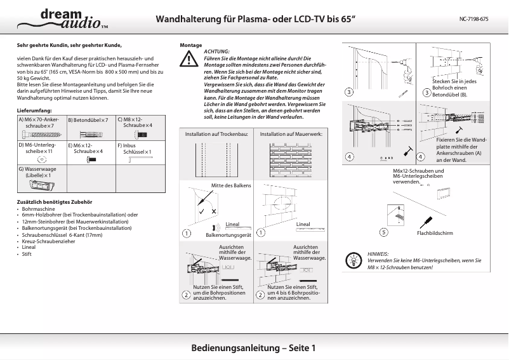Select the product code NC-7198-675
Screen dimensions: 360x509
click(x=473, y=19)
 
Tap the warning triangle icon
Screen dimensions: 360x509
click(x=188, y=60)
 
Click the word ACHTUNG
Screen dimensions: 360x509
click(x=217, y=51)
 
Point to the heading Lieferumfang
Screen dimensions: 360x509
click(x=34, y=110)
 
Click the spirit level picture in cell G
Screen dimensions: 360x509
click(x=41, y=185)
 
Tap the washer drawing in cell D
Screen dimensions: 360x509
click(x=42, y=160)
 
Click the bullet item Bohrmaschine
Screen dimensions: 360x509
click(x=39, y=209)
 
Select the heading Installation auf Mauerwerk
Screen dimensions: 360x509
click(x=291, y=135)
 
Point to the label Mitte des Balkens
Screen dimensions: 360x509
click(x=230, y=185)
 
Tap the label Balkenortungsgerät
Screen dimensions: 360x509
click(x=228, y=235)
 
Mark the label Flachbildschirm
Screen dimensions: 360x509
click(x=435, y=233)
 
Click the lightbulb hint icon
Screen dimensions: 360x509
click(x=354, y=260)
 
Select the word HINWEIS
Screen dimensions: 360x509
click(x=378, y=253)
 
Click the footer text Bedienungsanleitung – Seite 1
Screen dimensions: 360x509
click(x=253, y=348)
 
